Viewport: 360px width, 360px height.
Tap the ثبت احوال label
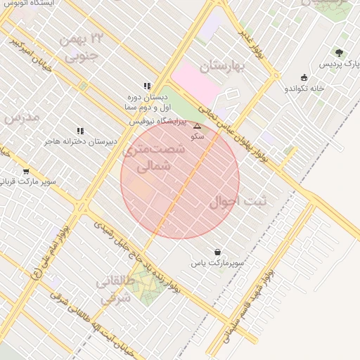coord(238,202)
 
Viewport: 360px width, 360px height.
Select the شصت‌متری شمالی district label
coord(154,158)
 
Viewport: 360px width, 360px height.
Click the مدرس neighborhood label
coord(22,117)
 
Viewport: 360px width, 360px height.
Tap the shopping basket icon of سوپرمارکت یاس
coord(217,252)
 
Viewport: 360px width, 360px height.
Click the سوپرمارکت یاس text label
coord(217,263)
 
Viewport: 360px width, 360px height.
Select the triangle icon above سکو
coord(198,127)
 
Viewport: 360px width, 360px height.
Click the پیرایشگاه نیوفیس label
coord(157,122)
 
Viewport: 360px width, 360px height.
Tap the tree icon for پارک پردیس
coord(340,53)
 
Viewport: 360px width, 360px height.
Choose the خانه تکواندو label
coord(304,89)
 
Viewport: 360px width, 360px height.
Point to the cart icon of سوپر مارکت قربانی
coord(26,171)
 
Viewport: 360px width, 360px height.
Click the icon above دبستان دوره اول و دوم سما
coord(146,86)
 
